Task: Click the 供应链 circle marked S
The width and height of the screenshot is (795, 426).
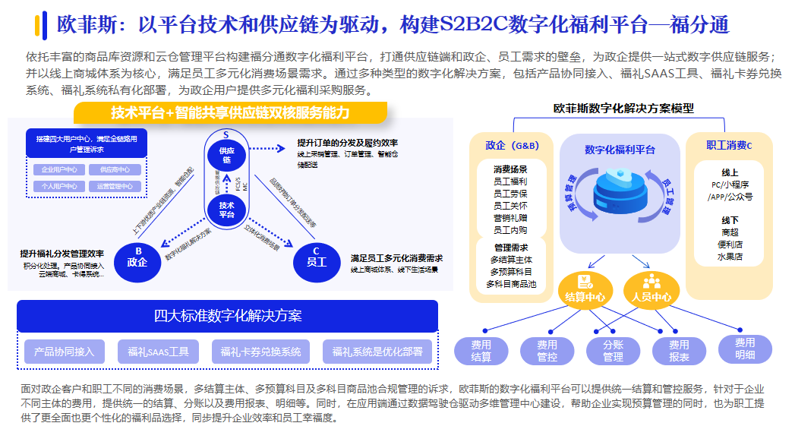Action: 226,153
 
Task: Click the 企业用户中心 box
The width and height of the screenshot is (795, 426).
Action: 58,170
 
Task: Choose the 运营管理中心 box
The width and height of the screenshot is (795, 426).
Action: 115,186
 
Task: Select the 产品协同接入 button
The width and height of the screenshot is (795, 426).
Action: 64,352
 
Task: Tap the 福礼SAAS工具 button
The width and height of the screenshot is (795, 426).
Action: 158,352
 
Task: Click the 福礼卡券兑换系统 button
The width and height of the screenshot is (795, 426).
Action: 260,352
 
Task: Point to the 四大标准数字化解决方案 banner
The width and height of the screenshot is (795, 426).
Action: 227,316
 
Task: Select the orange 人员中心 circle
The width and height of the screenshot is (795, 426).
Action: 651,291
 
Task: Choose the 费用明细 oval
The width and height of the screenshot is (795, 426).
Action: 744,349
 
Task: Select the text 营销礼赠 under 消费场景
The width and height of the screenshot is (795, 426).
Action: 510,218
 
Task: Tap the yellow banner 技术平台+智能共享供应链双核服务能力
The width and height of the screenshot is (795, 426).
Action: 230,113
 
